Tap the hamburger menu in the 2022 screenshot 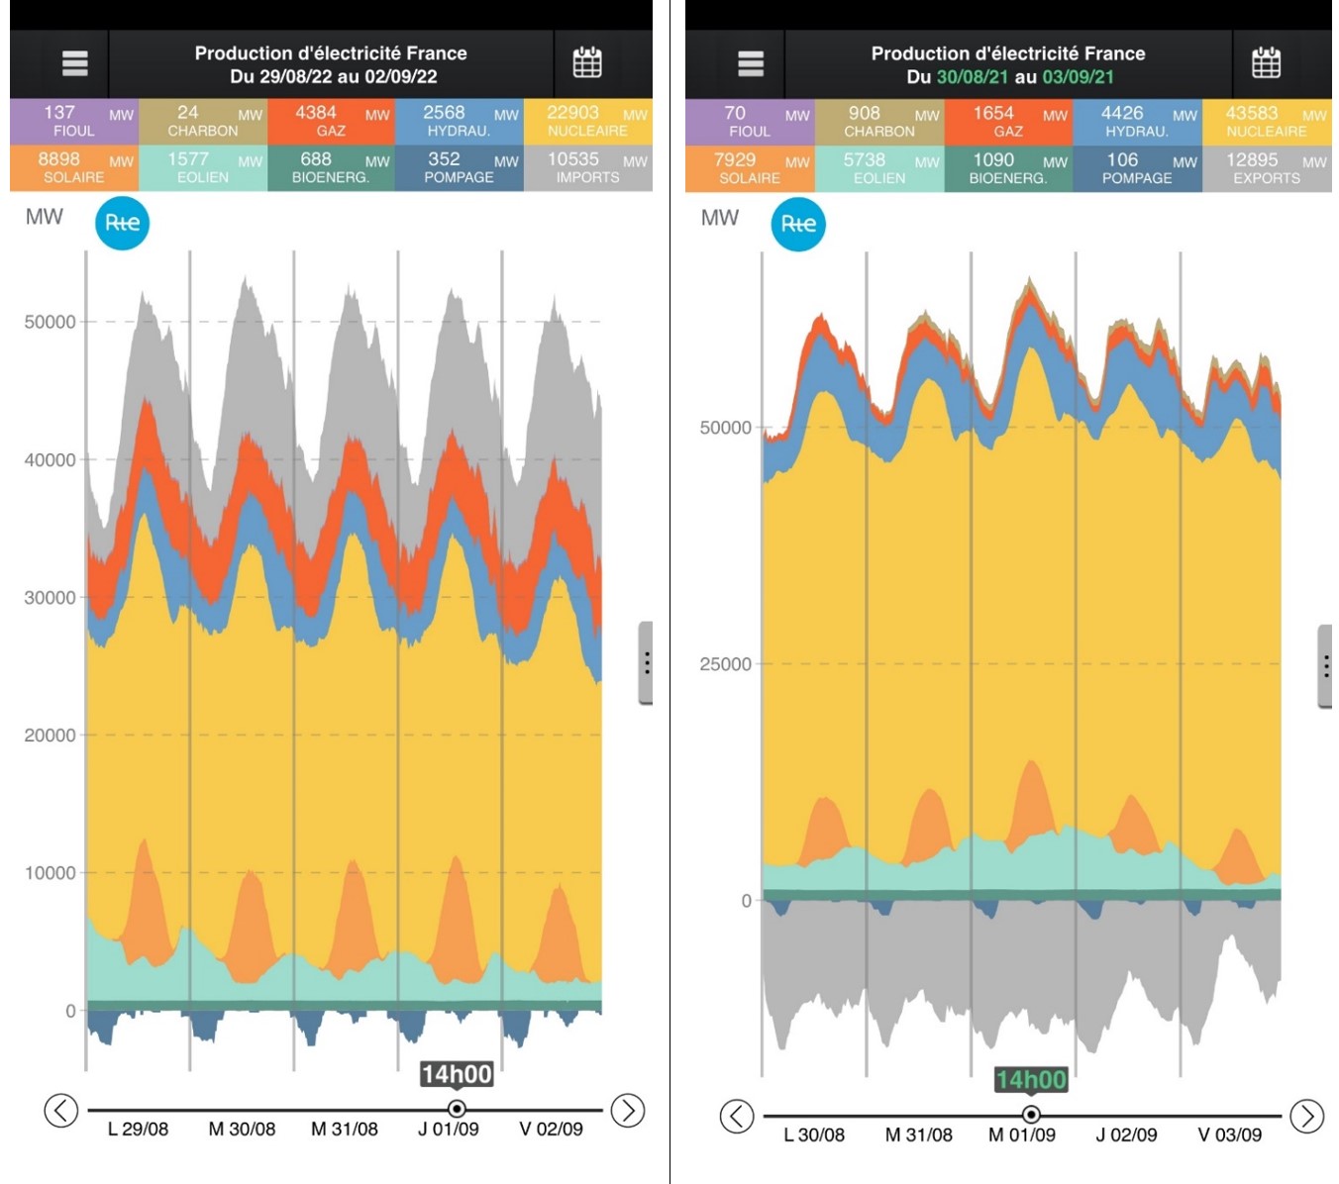(x=74, y=63)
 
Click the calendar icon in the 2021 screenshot (x=1266, y=63)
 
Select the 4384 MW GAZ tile (x=331, y=122)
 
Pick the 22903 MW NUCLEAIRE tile (x=587, y=122)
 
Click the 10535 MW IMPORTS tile (x=587, y=167)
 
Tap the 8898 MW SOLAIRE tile (x=73, y=167)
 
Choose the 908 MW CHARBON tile (x=879, y=122)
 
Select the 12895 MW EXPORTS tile (x=1266, y=168)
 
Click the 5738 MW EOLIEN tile (x=879, y=168)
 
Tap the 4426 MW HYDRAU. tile (x=1137, y=122)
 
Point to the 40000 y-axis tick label (x=50, y=460)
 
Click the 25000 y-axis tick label (x=725, y=664)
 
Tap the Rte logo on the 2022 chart (x=122, y=223)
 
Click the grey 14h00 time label (x=457, y=1074)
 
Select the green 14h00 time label (x=1031, y=1080)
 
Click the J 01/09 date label (x=449, y=1130)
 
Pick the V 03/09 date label (x=1229, y=1135)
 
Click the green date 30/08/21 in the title (x=973, y=77)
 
